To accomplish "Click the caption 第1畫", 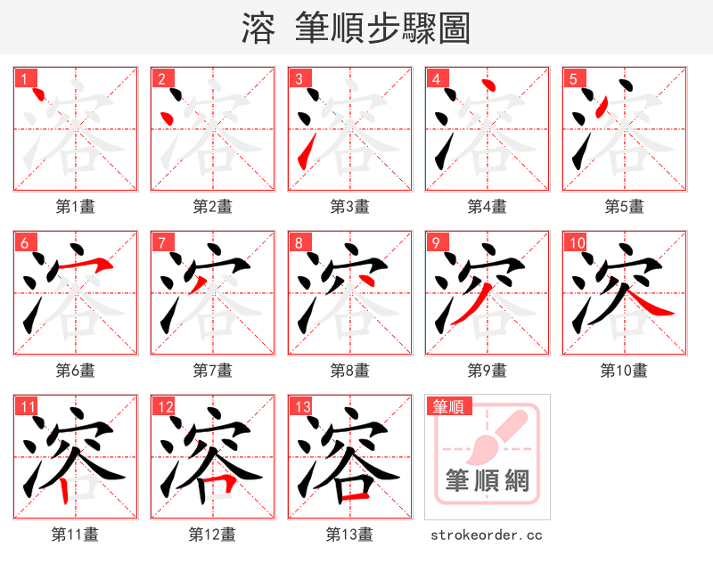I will click(x=76, y=207).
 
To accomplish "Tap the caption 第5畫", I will click(x=624, y=207).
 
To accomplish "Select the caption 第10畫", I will click(x=624, y=370).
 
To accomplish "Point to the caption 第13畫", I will click(x=349, y=535).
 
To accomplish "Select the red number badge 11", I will click(x=27, y=408).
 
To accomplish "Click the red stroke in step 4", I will click(x=487, y=86).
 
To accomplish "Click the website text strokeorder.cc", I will click(x=486, y=535).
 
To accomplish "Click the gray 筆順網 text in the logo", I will click(x=488, y=481).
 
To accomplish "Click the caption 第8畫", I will click(x=349, y=370).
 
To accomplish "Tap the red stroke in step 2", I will click(x=166, y=118).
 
